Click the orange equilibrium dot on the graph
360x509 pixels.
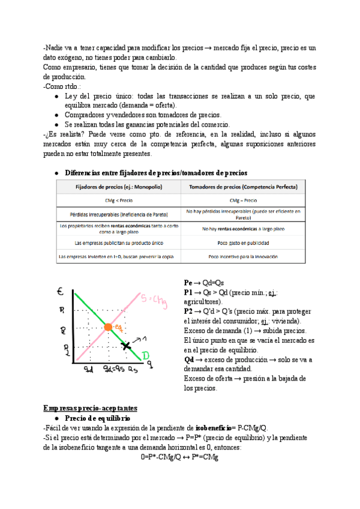coord(108,328)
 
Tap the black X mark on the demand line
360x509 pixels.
coord(125,346)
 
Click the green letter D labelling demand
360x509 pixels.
coord(146,357)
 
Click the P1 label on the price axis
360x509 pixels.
coord(62,310)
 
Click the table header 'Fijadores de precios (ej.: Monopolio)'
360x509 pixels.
coord(118,187)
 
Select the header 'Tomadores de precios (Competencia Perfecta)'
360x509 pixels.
coord(243,187)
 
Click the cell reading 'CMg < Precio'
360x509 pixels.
coord(118,200)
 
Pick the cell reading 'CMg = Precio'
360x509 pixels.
coord(243,200)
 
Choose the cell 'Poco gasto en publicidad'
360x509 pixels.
coord(243,243)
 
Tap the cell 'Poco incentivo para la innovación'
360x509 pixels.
coord(243,257)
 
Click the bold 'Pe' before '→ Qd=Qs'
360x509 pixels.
coord(188,282)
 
